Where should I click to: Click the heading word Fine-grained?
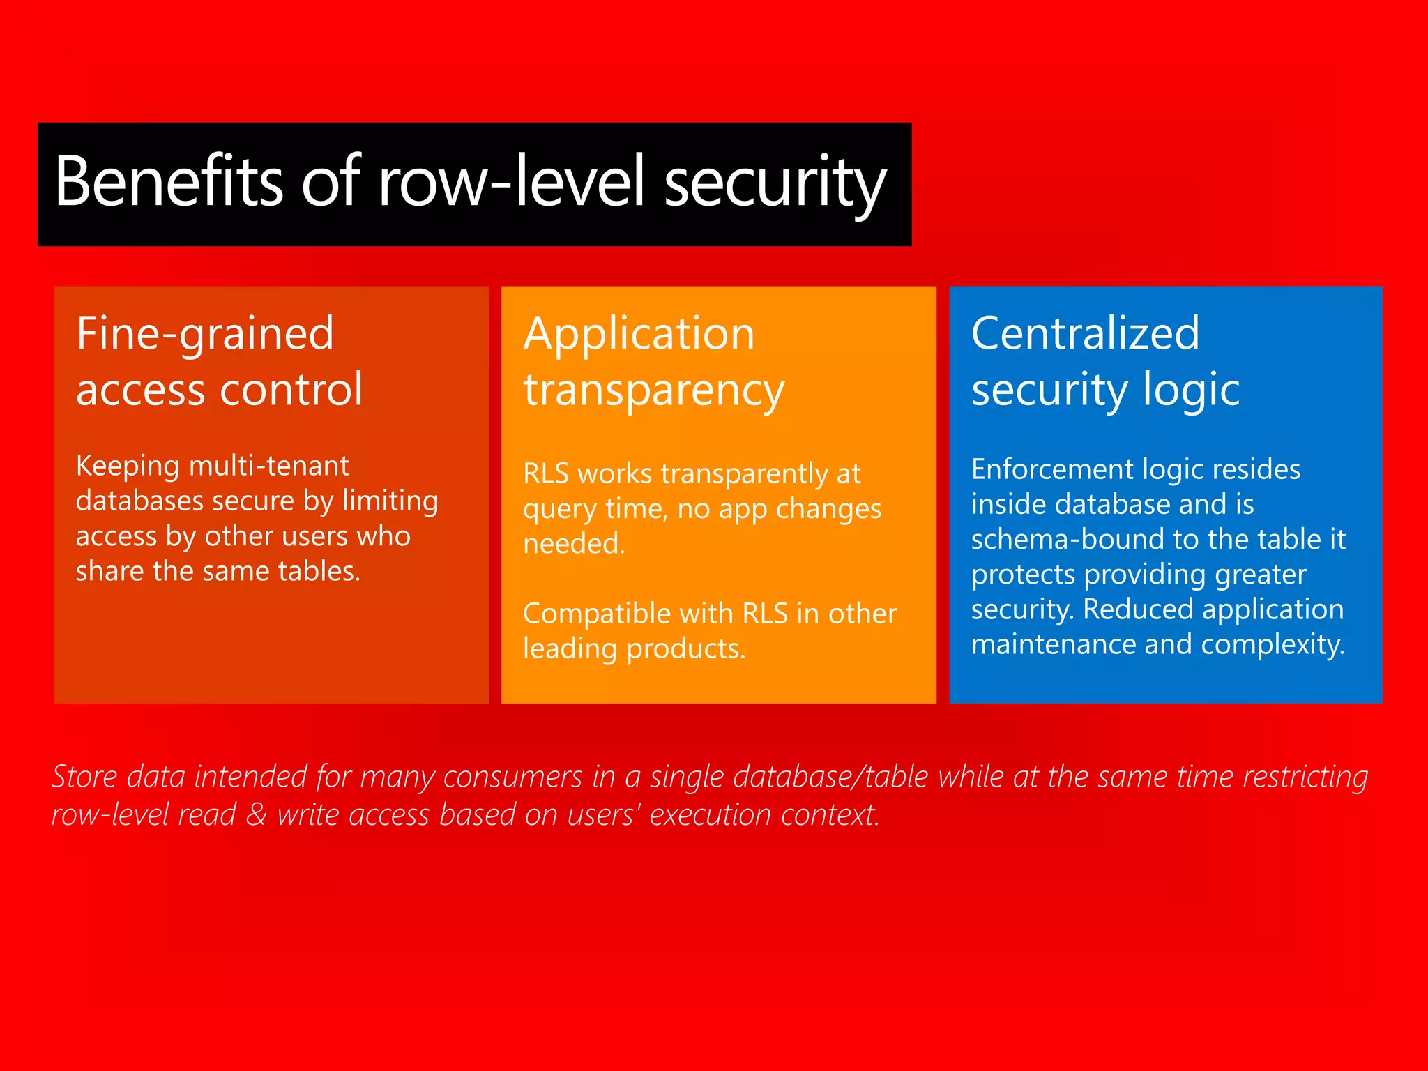coord(205,335)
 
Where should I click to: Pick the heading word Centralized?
coord(1085,333)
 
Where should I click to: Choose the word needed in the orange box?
coord(572,544)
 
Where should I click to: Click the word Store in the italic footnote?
coord(84,777)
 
